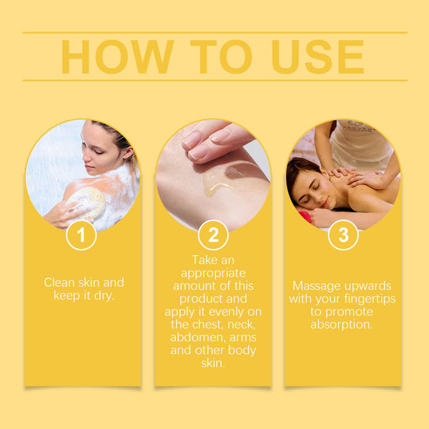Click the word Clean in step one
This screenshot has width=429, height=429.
(x=59, y=282)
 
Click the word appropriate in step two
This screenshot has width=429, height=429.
(x=213, y=273)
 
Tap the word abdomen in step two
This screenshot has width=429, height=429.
(x=202, y=337)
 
